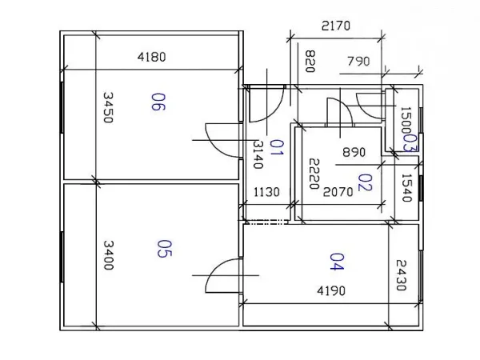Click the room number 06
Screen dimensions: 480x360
158,102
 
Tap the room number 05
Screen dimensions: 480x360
164,249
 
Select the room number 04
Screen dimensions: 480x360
337,262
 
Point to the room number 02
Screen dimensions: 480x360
366,182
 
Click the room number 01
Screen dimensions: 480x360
277,147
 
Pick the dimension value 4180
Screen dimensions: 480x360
151,57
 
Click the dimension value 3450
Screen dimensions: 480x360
108,107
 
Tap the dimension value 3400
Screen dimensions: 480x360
108,255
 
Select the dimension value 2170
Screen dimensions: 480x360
336,26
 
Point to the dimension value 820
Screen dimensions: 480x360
310,62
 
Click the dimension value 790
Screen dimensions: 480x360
358,62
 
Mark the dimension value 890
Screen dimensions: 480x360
354,152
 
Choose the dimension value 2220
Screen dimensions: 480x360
314,174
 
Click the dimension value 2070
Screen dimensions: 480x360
338,192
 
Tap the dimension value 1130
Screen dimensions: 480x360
266,192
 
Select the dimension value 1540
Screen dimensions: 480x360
406,188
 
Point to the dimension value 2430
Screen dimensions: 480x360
401,275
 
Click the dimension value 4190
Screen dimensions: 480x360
331,290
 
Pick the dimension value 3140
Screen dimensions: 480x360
258,154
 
